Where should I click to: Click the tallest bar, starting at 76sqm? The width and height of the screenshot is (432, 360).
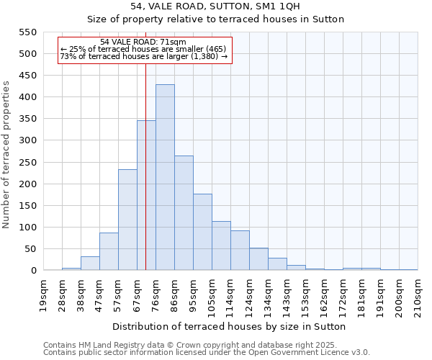[165, 177]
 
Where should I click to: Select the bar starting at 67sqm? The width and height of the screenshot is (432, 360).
[146, 195]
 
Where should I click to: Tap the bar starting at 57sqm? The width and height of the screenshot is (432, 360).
[127, 220]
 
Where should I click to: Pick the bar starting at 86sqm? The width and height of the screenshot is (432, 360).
[184, 213]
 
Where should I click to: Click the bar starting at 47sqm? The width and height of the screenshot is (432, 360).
[109, 251]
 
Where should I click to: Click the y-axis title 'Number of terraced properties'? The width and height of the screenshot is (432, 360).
[7, 154]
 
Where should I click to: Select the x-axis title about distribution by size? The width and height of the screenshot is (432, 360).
[230, 326]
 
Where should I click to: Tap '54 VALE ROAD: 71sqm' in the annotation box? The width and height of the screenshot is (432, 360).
[143, 42]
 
